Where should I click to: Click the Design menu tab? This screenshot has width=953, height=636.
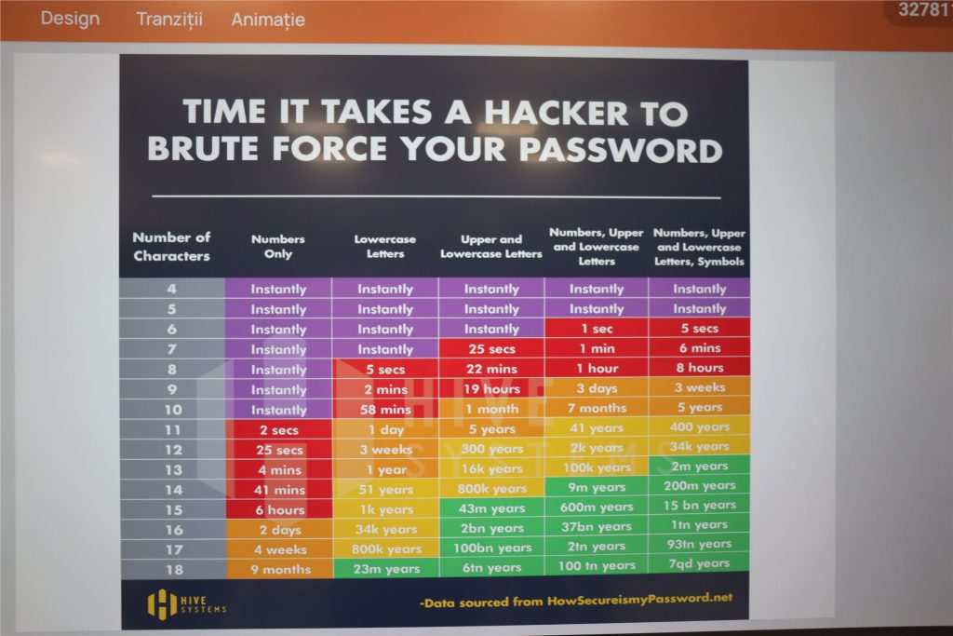(70, 19)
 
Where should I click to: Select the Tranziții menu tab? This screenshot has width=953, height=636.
(169, 20)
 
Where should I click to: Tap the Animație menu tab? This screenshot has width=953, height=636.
(268, 20)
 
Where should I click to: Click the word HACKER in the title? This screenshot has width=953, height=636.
(556, 113)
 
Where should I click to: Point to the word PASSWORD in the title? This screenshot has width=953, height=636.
(621, 150)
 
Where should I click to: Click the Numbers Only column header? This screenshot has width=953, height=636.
(278, 246)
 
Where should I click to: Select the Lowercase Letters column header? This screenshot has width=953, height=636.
(385, 246)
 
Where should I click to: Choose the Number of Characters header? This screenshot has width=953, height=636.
(171, 246)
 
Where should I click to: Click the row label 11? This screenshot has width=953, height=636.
(173, 430)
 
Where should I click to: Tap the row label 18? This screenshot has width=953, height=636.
(174, 570)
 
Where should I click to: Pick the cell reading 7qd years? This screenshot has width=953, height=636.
(699, 563)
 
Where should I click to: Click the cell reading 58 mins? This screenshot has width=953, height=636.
(385, 410)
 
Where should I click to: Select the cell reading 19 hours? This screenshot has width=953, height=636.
(491, 389)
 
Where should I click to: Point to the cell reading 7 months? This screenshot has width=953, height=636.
(597, 408)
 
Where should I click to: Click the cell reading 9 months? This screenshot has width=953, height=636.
(281, 570)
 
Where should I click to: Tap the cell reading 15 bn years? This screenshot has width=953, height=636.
(700, 506)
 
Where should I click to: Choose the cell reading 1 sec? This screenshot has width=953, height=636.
(597, 329)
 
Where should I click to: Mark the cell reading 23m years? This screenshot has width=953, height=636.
(386, 569)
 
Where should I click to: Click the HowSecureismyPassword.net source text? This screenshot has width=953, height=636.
(640, 600)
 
